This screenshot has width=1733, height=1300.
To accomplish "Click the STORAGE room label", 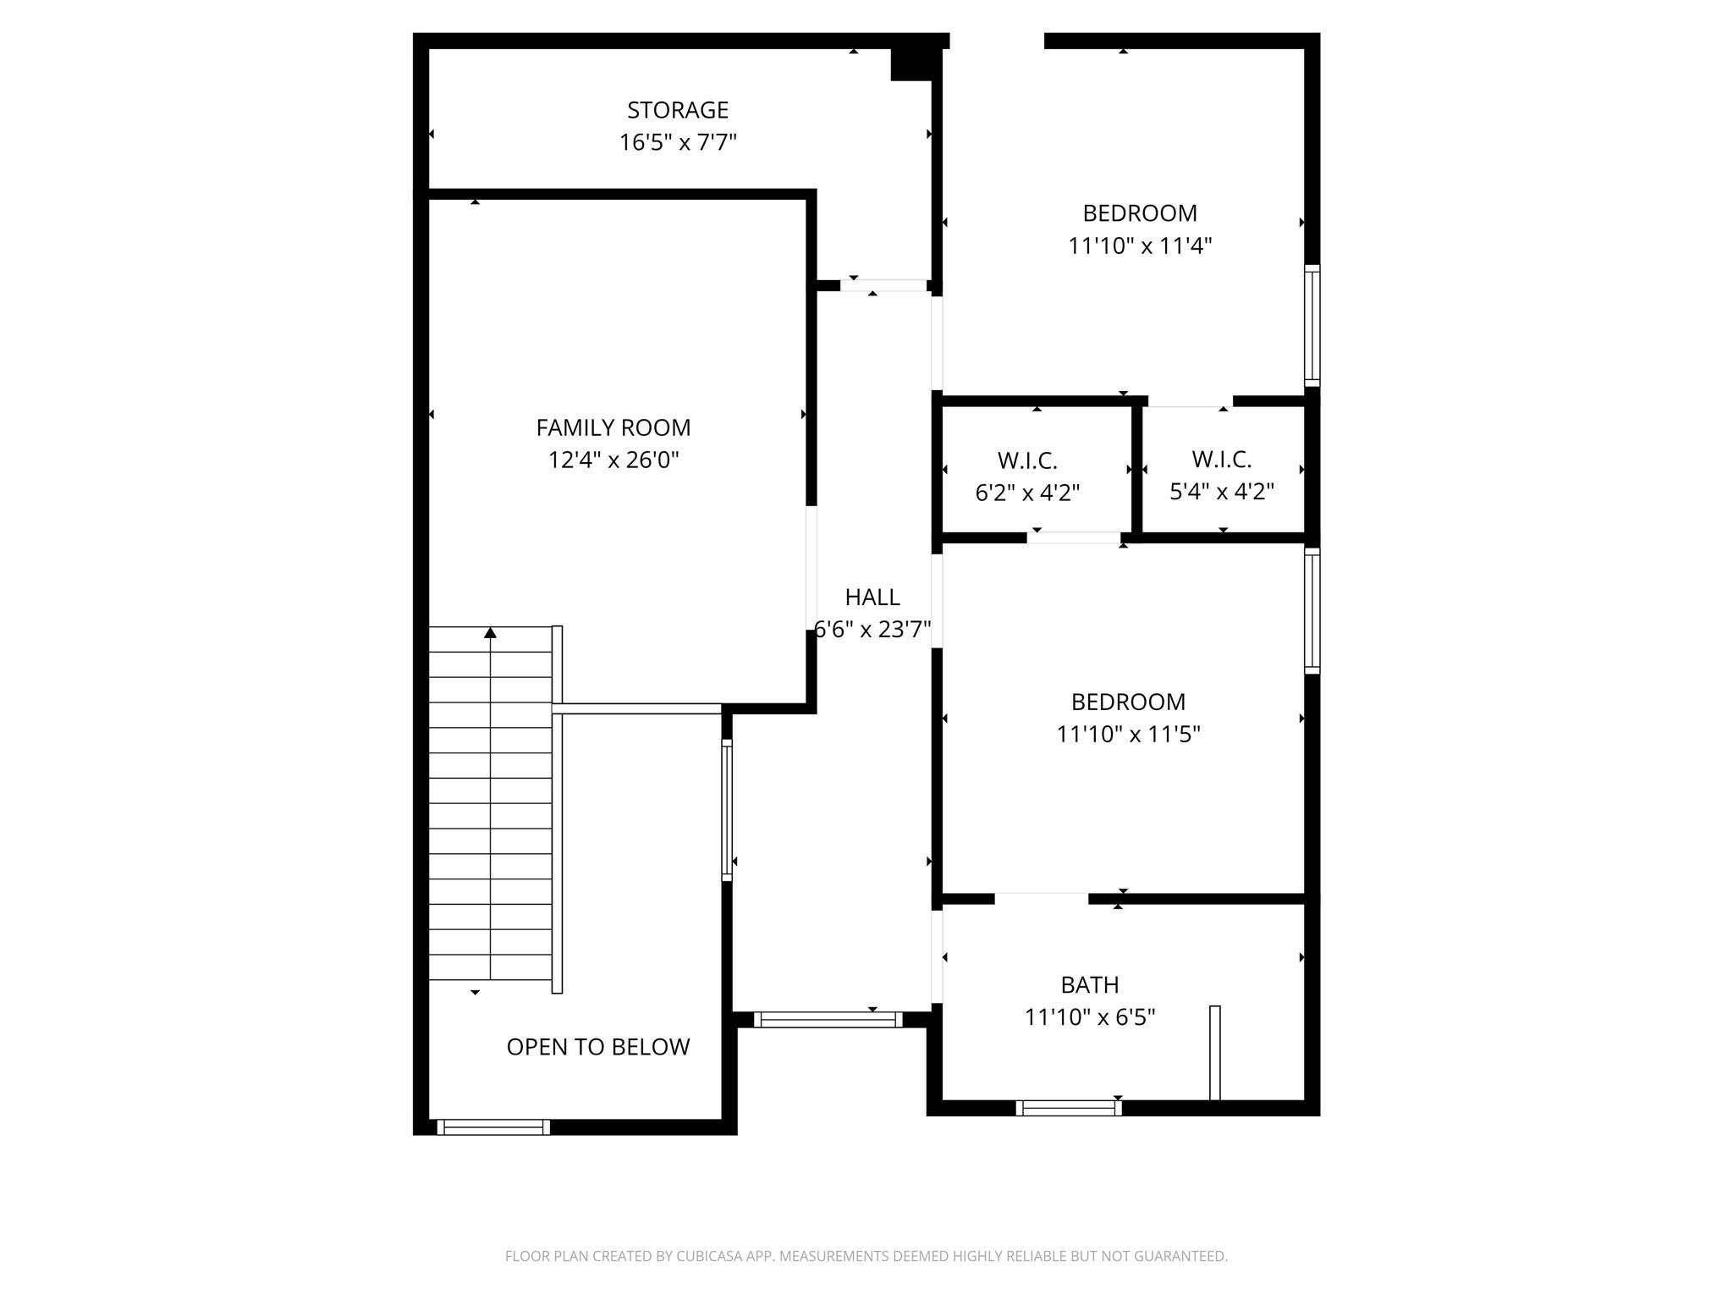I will tap(677, 110).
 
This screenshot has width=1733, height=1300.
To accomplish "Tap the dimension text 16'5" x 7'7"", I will tap(677, 142).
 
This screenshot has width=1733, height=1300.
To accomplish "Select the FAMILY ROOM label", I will tap(613, 427).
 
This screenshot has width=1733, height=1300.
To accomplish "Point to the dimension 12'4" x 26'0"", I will tap(613, 460).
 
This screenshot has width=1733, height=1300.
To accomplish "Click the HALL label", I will tap(872, 598).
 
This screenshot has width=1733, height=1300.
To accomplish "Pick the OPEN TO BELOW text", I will tap(597, 1047).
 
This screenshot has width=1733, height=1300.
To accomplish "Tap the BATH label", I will tap(1089, 985).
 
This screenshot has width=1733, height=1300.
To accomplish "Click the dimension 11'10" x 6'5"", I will tap(1089, 1016).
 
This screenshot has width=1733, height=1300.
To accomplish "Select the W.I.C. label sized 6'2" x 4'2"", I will tap(1026, 461).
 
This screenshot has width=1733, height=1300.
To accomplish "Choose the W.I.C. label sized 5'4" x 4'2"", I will tap(1221, 460).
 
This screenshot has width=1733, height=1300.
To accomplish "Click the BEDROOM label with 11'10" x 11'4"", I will tap(1139, 213).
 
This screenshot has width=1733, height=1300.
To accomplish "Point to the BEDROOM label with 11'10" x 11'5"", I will tap(1127, 702).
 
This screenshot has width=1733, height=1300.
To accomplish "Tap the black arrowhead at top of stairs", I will tap(490, 633).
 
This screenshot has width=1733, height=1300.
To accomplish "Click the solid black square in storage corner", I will tap(911, 64).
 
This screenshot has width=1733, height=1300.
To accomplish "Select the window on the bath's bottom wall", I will tap(1068, 1107).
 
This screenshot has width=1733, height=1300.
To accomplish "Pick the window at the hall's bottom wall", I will tap(828, 1020).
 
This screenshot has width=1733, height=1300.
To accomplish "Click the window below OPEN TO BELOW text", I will tap(493, 1126).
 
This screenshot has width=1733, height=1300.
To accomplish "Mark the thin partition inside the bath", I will tap(1214, 1053).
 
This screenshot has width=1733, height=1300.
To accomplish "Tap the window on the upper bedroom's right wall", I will tap(1312, 325).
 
